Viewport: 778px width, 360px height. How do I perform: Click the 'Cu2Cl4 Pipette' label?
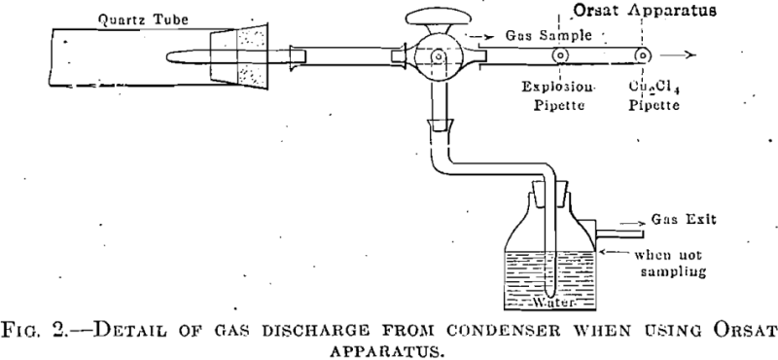[650, 95]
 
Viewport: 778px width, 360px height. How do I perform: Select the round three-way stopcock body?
[439, 58]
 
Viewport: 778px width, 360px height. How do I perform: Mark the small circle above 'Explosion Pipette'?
[562, 56]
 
